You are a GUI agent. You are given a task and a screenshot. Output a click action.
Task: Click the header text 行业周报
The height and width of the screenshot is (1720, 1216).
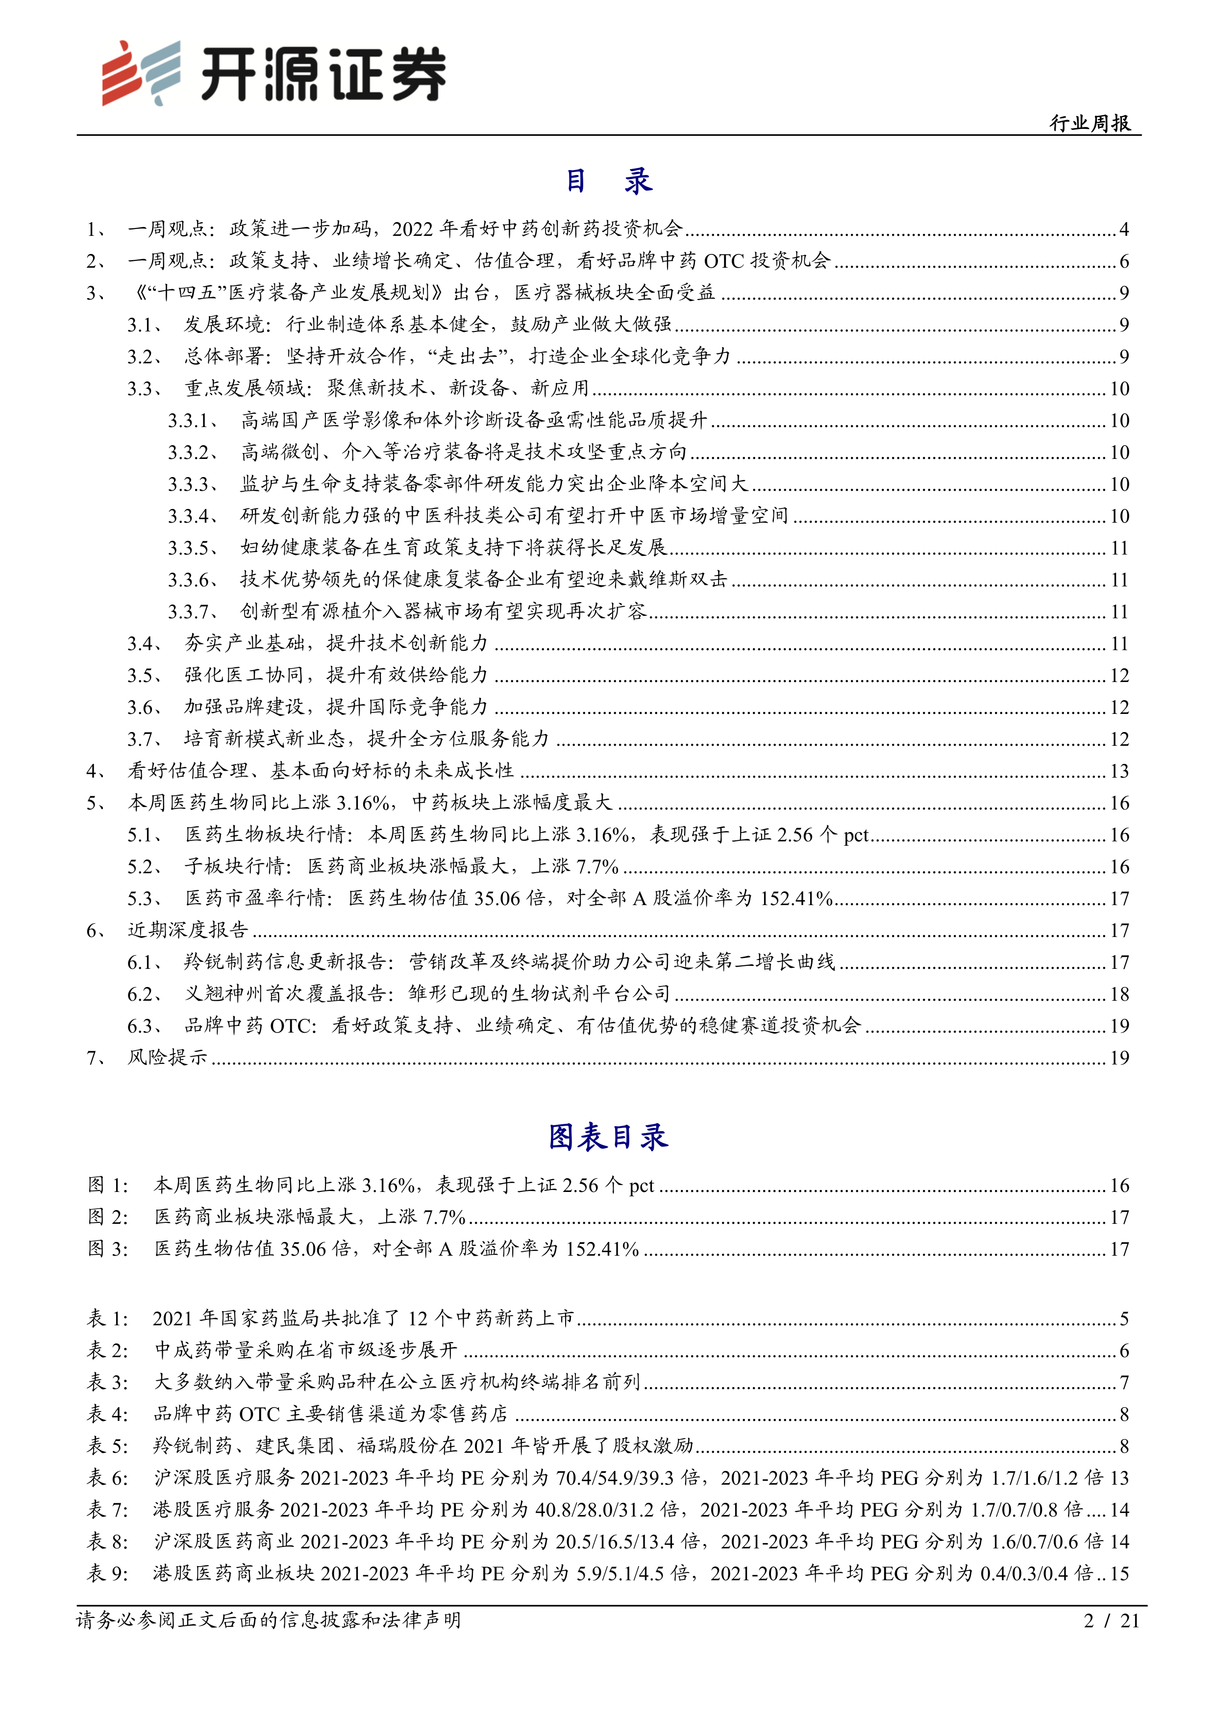coord(1090,124)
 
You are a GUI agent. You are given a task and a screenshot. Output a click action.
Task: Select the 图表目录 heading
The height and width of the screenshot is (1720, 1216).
coord(607,1137)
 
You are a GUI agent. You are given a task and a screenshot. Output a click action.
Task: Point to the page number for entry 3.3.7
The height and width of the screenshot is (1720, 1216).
coord(1118,612)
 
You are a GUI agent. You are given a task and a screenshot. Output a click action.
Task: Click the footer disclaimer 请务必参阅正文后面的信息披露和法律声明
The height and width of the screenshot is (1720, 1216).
coord(268,1621)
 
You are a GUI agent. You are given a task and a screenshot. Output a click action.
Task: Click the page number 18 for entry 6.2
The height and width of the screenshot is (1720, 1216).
coord(1118,994)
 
